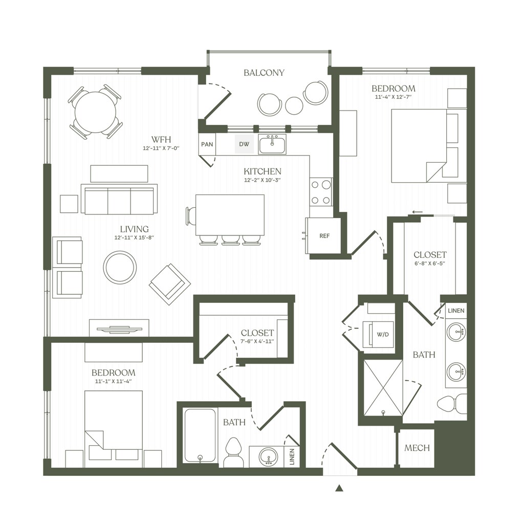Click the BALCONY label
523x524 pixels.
point(264,73)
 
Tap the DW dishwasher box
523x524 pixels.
point(244,144)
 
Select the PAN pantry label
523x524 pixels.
point(207,144)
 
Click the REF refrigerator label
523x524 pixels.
point(324,235)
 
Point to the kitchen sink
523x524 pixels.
point(272,144)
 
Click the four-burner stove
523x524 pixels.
point(321,192)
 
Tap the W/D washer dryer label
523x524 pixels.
point(383,334)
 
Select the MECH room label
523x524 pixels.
point(417,448)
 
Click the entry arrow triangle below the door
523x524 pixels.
point(339,488)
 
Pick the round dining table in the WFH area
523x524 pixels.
point(96,112)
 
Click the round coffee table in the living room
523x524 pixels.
point(120,267)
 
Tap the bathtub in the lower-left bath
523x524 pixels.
point(200,435)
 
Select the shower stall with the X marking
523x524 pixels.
point(383,388)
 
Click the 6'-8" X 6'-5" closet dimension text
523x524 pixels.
point(430,264)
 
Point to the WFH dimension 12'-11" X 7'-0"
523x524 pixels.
point(161,148)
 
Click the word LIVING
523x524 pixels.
point(135,229)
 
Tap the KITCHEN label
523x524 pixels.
point(263,171)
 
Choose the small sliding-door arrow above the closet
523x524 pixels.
point(417,212)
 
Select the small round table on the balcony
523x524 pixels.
point(294,105)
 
